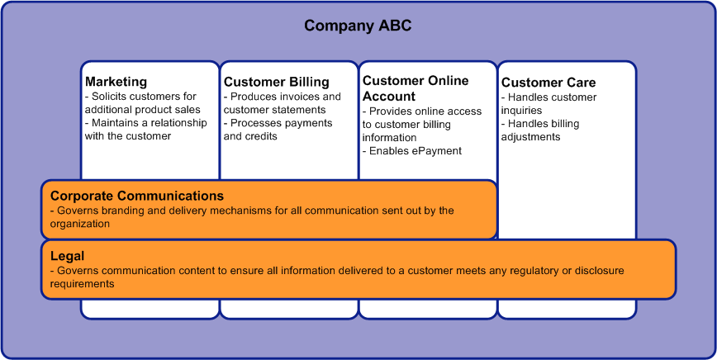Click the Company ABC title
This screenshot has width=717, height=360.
click(x=358, y=26)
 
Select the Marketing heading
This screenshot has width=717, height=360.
click(x=116, y=82)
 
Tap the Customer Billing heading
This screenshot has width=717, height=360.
click(x=276, y=82)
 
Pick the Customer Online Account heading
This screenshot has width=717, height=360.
click(x=415, y=88)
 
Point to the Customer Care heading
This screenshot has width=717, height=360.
click(x=548, y=83)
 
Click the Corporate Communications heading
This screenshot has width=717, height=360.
click(x=137, y=196)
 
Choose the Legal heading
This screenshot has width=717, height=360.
click(x=67, y=256)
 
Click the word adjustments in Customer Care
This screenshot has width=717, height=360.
click(x=530, y=137)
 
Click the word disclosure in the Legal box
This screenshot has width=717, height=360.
click(x=600, y=271)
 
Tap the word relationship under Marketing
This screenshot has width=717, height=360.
click(x=178, y=123)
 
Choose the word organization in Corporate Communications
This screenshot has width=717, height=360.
click(x=80, y=224)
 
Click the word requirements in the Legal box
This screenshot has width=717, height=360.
click(x=82, y=284)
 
